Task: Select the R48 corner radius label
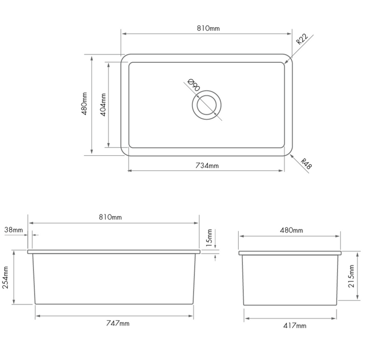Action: (x=307, y=164)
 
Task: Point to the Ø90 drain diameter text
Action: (x=193, y=85)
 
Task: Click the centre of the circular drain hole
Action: (x=207, y=105)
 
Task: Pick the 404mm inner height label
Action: (x=103, y=105)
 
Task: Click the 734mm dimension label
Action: (x=207, y=166)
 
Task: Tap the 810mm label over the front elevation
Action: (x=110, y=218)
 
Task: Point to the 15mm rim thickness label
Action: (x=209, y=238)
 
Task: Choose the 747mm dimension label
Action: (x=118, y=323)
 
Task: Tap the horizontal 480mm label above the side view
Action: (x=291, y=230)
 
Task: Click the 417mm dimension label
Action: (x=294, y=325)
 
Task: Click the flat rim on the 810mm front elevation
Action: (x=113, y=252)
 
